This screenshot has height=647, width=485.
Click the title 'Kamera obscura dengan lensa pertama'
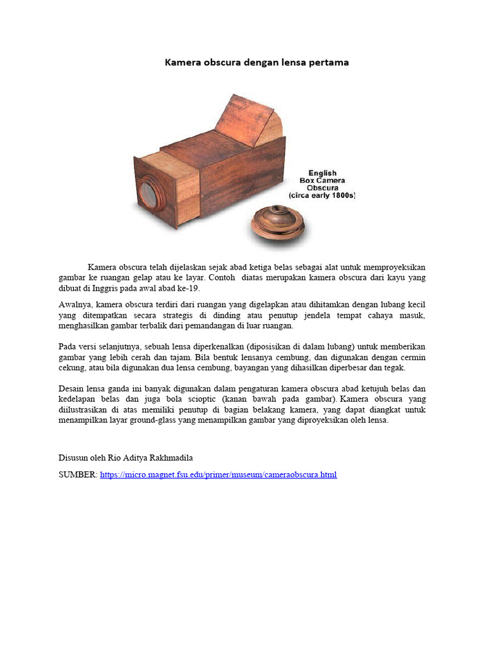pyautogui.click(x=256, y=63)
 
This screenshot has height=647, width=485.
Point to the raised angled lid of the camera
pyautogui.click(x=253, y=120)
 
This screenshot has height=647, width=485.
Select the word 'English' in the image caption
pyautogui.click(x=322, y=173)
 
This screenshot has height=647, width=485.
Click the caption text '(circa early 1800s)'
pyautogui.click(x=322, y=196)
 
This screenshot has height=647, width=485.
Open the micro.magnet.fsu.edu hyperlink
pyautogui.click(x=218, y=475)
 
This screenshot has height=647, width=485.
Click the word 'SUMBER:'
pyautogui.click(x=78, y=475)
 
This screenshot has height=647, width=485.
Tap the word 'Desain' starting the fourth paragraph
pyautogui.click(x=72, y=388)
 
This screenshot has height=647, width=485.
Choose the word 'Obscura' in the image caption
pyautogui.click(x=322, y=188)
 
